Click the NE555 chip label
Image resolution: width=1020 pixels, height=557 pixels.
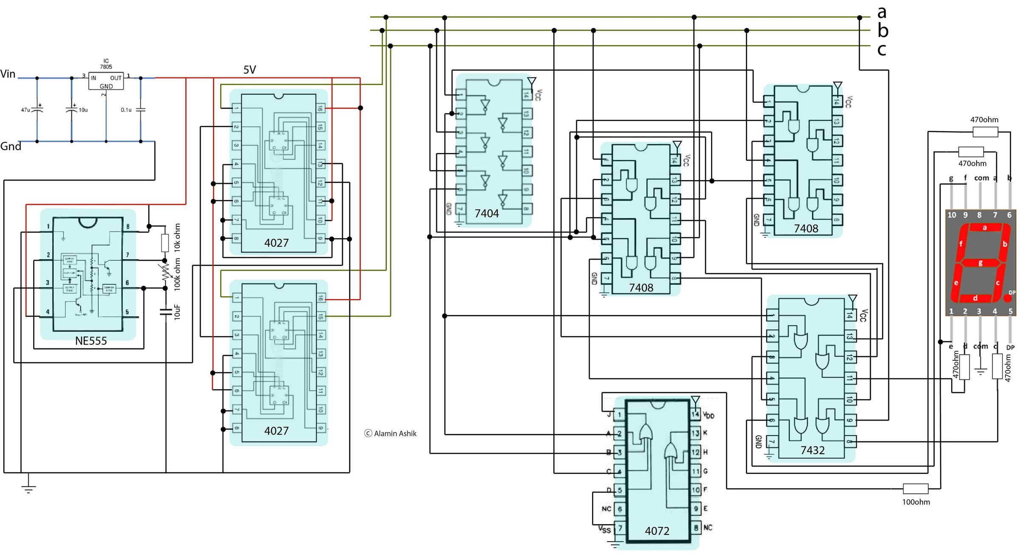91,341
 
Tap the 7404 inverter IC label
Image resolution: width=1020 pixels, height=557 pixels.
487,213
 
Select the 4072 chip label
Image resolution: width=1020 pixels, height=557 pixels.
657,531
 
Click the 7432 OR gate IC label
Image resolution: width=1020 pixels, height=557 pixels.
813,450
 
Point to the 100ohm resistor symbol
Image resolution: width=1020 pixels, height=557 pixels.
915,489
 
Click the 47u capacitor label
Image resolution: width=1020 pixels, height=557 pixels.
25,110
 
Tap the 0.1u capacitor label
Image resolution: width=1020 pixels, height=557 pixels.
126,110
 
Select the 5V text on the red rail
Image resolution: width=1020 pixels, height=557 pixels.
249,70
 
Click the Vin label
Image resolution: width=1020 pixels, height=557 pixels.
8,74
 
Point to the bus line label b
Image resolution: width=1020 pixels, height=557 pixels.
883,31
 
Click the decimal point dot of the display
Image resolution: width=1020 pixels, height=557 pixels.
1007,297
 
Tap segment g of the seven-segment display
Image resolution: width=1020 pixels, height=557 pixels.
980,263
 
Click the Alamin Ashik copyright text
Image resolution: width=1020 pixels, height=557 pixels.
391,433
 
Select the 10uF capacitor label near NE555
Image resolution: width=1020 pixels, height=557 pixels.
177,312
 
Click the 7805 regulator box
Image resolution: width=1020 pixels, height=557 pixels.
106,80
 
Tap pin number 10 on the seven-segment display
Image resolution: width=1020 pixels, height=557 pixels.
952,215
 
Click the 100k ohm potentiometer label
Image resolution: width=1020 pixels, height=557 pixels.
177,274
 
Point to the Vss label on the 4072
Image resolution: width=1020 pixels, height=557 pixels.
604,529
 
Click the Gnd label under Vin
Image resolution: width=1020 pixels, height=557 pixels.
11,147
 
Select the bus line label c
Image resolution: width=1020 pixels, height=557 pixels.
882,50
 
